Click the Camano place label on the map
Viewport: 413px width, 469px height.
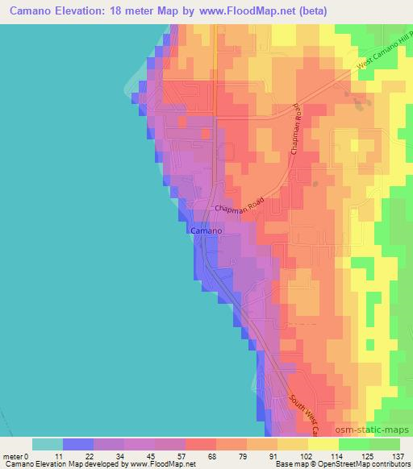(206, 230)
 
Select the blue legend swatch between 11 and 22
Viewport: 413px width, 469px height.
(78, 444)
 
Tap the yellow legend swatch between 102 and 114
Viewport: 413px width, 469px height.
(323, 444)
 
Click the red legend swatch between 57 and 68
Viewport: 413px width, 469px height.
(201, 444)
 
